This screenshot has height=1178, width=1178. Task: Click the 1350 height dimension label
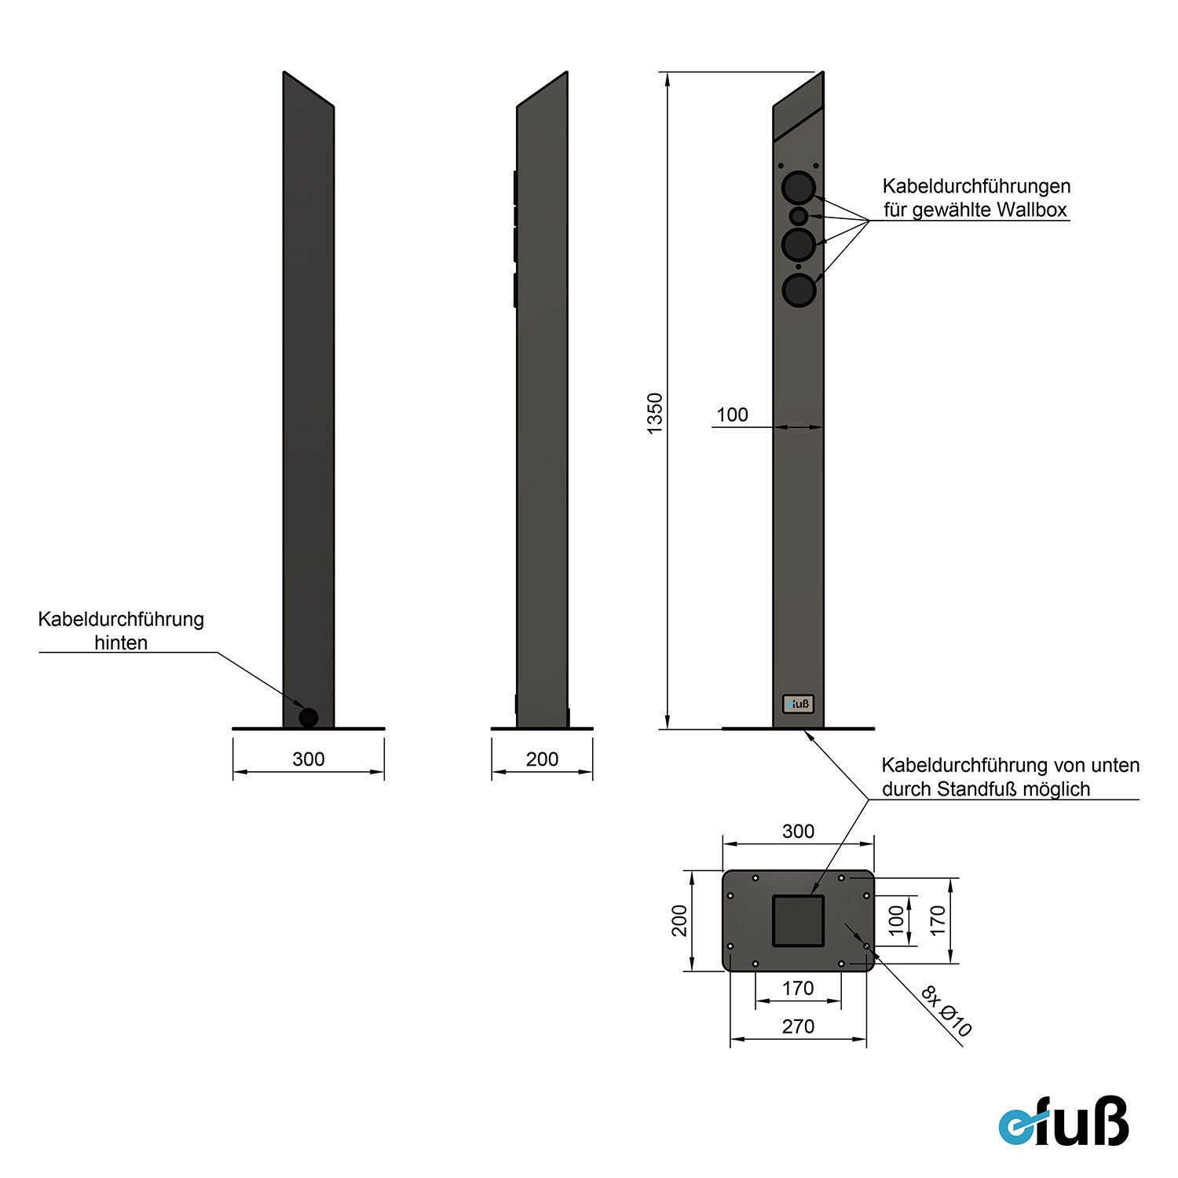pos(655,414)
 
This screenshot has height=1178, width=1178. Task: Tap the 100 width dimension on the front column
pos(732,415)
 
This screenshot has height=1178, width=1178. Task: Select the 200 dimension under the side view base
pos(542,759)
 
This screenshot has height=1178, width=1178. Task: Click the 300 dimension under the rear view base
pos(309,759)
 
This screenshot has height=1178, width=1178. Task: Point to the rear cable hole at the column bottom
pos(309,717)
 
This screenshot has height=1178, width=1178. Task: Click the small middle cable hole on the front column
pos(799,215)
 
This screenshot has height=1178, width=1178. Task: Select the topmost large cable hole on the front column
pos(799,188)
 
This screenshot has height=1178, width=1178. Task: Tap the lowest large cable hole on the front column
pos(799,291)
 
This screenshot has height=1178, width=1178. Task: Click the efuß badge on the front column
pos(798,704)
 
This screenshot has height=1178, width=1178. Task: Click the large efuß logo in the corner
pos(1063,1121)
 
